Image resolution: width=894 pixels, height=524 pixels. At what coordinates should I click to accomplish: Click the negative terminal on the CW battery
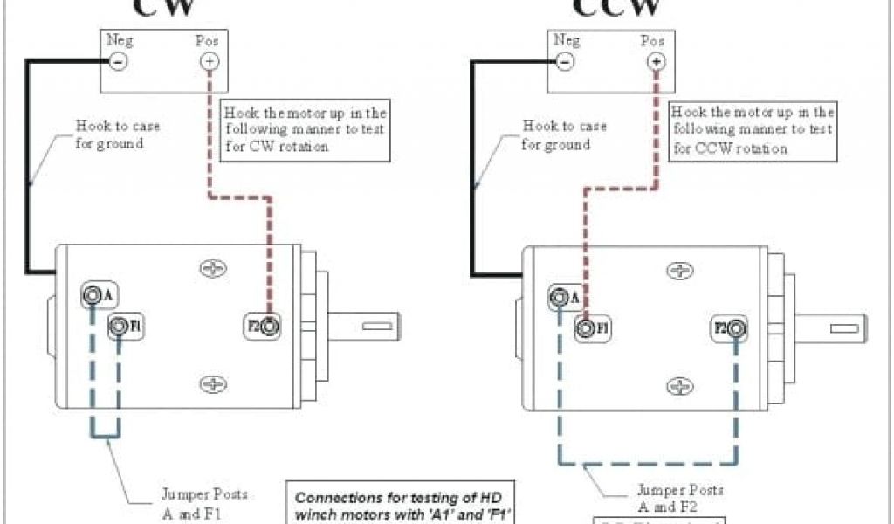(117, 61)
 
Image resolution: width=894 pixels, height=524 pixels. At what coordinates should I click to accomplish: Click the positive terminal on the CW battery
(209, 61)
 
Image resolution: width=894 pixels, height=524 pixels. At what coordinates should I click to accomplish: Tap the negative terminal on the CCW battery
(565, 61)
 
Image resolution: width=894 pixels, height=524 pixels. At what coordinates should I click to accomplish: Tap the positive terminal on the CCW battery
(656, 61)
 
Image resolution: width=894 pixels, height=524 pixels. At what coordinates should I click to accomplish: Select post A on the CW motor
(92, 295)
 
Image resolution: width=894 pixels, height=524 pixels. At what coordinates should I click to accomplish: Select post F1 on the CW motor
(119, 327)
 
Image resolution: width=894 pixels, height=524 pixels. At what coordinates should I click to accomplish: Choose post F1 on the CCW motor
(585, 328)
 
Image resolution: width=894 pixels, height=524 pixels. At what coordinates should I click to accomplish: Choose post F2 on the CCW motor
(737, 328)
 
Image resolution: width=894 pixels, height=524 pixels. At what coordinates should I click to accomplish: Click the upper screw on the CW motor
(213, 270)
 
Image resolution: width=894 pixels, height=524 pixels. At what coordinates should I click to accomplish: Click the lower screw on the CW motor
(213, 383)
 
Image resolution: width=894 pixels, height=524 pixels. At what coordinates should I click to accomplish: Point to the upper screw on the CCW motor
(679, 272)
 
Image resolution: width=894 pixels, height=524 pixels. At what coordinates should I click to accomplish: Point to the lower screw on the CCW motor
(679, 386)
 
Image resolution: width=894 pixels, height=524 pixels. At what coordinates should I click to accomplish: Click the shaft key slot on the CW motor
(378, 327)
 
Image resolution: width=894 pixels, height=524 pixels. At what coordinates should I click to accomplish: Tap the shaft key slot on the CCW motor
(844, 330)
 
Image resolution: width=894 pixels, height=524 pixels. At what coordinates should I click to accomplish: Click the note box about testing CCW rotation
(752, 130)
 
